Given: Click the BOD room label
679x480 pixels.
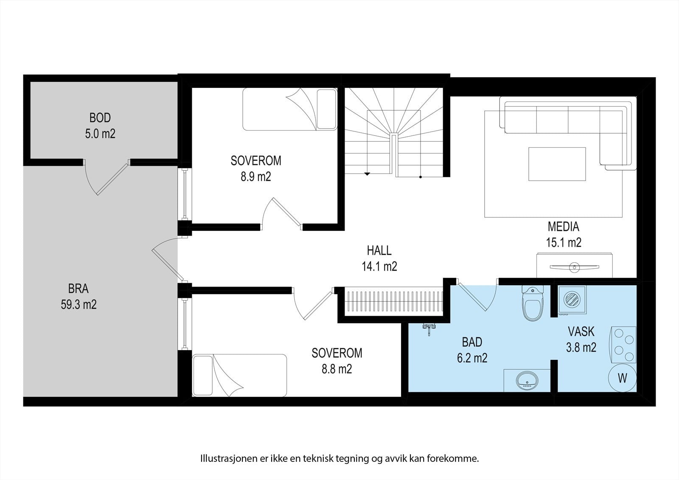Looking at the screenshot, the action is point(100,118).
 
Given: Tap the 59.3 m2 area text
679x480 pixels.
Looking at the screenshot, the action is point(79,304).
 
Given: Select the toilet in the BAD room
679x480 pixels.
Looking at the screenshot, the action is point(533,303).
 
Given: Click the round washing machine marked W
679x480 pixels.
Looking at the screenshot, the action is point(622,378).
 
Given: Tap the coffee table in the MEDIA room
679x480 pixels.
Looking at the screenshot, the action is point(557,164).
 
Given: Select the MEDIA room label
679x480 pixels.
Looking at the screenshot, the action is point(564,227).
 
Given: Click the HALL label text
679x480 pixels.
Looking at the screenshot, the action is point(379,250).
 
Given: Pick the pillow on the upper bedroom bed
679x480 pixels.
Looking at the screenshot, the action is point(326,109).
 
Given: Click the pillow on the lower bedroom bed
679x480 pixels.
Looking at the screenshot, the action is point(203,376).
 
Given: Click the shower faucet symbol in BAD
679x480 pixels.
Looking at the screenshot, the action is point(429,328).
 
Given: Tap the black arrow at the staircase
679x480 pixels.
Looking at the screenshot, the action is point(367,174).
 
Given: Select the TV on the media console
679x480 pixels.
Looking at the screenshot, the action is point(575,267).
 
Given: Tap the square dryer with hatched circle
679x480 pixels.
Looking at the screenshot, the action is point(572,300).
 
